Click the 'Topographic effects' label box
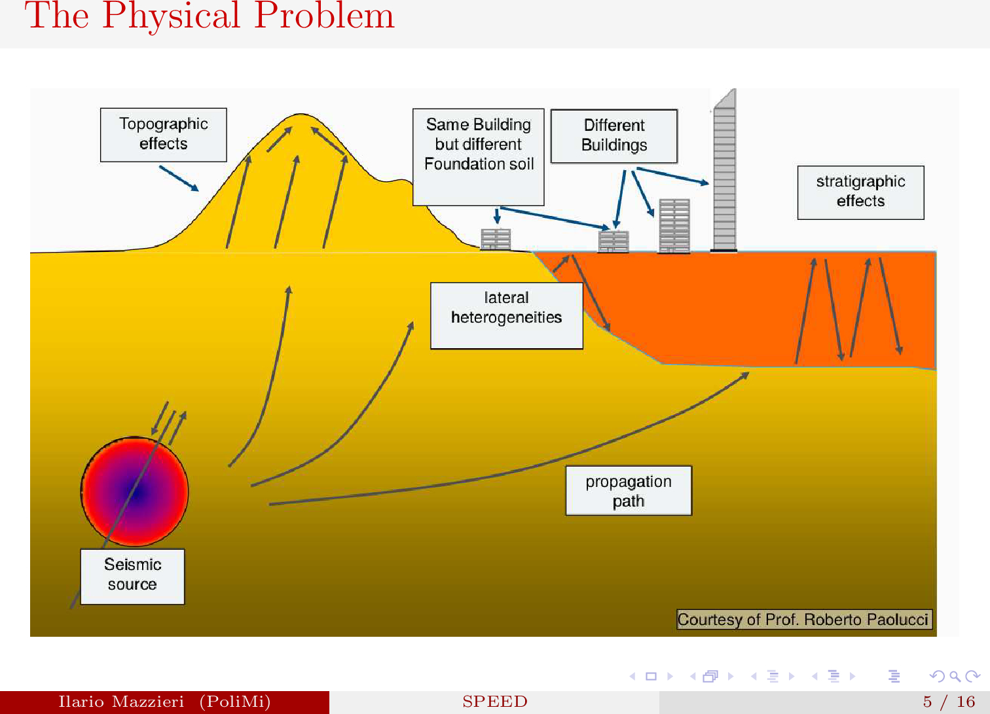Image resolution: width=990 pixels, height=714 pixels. coord(163,134)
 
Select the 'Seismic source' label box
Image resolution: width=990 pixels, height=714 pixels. coord(132,576)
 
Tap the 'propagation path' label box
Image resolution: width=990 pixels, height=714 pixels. coord(629,491)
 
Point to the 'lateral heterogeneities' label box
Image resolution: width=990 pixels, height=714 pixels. coord(506,315)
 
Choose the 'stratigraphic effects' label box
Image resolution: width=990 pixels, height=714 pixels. coord(860,192)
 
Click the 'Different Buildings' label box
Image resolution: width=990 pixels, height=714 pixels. coord(614,136)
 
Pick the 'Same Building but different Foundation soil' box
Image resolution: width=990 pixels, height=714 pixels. coord(479,156)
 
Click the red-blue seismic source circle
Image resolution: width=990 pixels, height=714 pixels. coord(135,491)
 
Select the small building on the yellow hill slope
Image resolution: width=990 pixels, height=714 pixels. coord(496,239)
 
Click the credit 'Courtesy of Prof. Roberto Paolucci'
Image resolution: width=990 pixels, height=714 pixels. coord(803,619)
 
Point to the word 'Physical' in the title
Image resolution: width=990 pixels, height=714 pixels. coord(172,16)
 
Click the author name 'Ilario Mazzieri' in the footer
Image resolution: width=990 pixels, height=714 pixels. coord(121,702)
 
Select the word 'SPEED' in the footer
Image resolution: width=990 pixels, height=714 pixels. coord(494,702)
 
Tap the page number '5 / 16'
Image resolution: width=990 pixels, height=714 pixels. coord(949,702)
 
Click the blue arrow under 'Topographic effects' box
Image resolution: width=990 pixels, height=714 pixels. coord(179,178)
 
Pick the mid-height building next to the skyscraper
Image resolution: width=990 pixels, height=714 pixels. coord(674,226)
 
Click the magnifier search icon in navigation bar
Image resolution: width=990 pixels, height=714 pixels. coord(955,677)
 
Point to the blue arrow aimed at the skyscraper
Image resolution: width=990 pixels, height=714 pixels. coord(672,175)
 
